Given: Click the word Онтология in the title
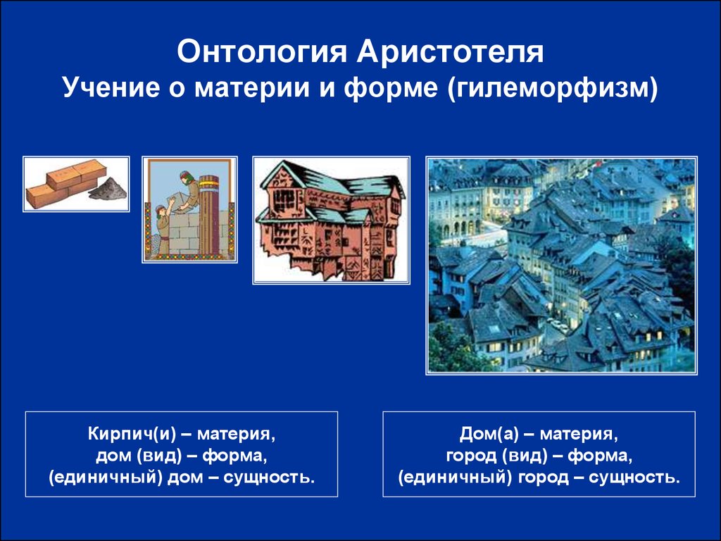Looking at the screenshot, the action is click(x=262, y=51).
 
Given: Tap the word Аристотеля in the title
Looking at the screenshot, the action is click(x=450, y=51).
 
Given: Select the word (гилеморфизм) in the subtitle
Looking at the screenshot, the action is click(x=552, y=88).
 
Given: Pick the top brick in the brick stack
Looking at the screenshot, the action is click(x=76, y=173).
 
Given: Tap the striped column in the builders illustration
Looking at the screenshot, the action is click(x=209, y=215).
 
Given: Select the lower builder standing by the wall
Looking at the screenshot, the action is click(x=163, y=228).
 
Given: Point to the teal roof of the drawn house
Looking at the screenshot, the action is click(x=329, y=184).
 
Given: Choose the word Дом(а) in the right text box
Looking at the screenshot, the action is click(x=489, y=434).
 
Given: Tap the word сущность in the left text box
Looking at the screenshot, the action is click(x=269, y=478).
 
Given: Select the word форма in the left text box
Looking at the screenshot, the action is click(x=234, y=456).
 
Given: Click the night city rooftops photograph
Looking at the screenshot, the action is click(x=561, y=266).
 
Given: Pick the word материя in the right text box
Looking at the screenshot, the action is click(x=579, y=434).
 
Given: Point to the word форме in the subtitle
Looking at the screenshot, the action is click(x=391, y=88).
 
